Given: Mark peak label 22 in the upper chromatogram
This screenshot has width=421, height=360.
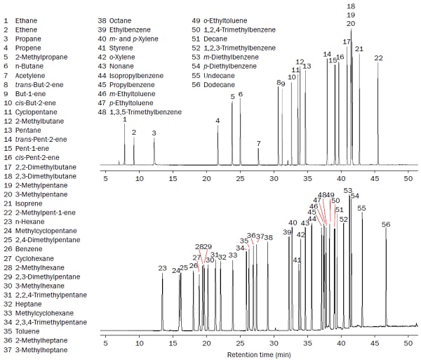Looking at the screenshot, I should [x=378, y=58].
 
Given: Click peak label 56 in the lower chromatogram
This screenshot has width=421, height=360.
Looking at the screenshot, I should [x=386, y=225].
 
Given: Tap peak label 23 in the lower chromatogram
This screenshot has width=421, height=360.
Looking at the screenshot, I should [x=162, y=269].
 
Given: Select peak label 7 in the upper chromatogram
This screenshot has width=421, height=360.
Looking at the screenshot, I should [x=258, y=144].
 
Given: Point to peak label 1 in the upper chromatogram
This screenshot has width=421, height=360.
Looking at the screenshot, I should [x=125, y=119].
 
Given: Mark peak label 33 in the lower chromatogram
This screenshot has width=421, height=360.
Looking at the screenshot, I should [x=233, y=255].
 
